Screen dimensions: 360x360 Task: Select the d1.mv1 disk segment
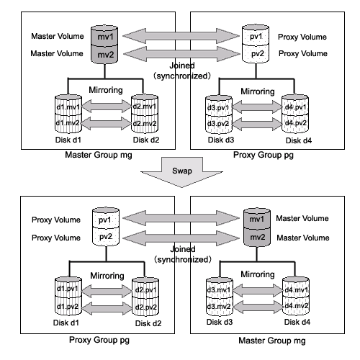(x=68, y=107)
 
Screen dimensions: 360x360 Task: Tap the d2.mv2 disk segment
(x=145, y=124)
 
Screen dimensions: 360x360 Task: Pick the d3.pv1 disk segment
(x=219, y=107)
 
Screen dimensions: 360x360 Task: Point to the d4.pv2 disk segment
(x=295, y=123)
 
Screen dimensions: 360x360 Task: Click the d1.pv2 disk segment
(x=68, y=306)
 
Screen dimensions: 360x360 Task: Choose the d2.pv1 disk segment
(x=145, y=289)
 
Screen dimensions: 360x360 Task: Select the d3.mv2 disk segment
(x=220, y=306)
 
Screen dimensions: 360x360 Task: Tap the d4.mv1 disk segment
(x=296, y=289)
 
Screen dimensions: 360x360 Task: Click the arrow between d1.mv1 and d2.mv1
(x=107, y=106)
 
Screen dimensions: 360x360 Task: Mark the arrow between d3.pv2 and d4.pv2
(x=257, y=124)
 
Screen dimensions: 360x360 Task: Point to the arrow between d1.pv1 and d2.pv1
(x=107, y=291)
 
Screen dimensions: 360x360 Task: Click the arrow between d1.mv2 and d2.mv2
(x=106, y=123)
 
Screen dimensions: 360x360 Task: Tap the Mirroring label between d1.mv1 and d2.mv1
(x=106, y=90)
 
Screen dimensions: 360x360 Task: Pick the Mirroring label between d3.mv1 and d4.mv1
(x=258, y=274)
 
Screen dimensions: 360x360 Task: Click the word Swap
(x=182, y=171)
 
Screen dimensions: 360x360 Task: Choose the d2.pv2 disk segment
(x=145, y=307)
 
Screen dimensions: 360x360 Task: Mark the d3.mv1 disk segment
(x=220, y=289)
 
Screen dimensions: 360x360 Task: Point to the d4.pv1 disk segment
(x=295, y=107)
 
